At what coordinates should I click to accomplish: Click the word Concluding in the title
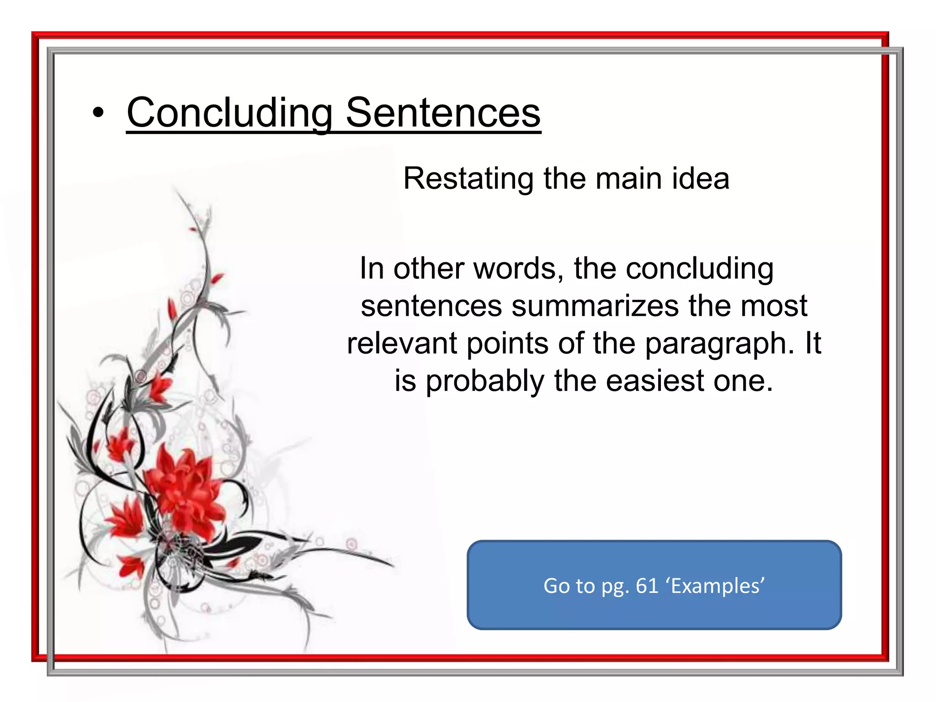229,113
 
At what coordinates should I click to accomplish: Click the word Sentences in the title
443,113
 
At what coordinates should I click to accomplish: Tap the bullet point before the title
98,113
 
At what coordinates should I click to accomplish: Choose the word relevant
402,344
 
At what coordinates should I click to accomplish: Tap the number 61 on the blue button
647,585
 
